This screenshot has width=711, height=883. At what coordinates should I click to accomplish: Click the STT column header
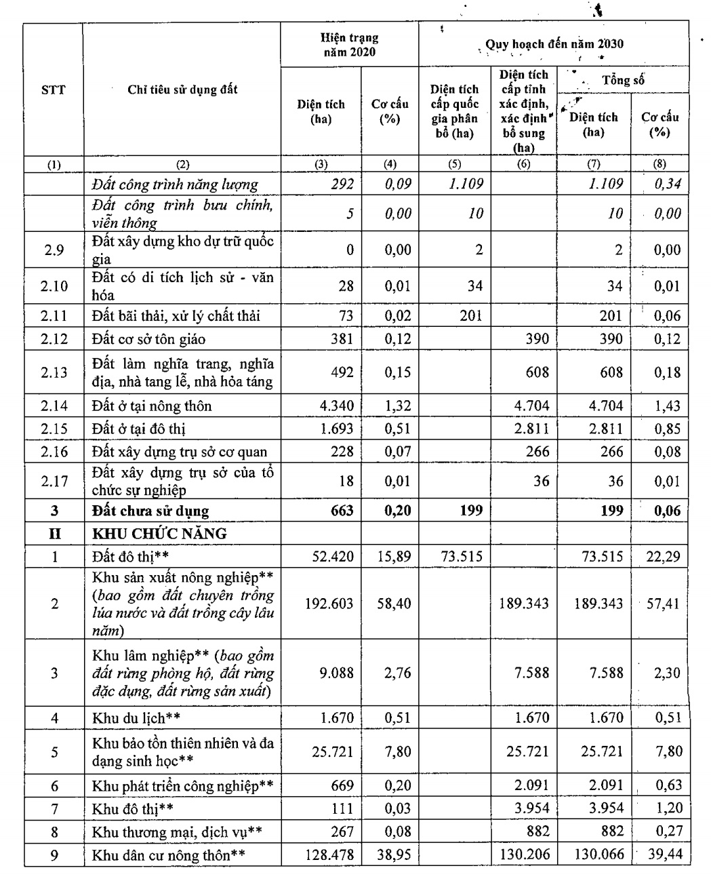click(x=53, y=90)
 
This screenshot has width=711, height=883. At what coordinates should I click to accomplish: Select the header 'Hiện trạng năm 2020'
click(x=349, y=45)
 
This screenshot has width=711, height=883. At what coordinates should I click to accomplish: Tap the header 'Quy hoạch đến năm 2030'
click(x=554, y=45)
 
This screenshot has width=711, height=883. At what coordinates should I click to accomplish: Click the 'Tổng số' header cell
click(x=623, y=81)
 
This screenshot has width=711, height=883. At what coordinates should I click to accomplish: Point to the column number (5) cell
click(x=454, y=164)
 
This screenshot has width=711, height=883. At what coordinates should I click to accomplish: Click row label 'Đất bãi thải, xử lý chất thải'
click(x=176, y=315)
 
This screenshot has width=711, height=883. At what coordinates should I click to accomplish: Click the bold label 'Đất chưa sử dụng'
click(x=150, y=511)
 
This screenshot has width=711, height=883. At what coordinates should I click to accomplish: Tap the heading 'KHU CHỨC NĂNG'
click(x=159, y=534)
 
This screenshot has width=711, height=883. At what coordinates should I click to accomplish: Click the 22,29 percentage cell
click(x=663, y=557)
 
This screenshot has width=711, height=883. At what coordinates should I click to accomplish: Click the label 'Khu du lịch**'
click(x=136, y=718)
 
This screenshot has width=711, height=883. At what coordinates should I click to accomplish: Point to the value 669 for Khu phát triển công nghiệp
click(x=342, y=786)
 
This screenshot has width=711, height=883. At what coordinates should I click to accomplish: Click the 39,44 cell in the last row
click(x=663, y=855)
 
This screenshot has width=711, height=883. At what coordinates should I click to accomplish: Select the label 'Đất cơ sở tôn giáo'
click(x=148, y=338)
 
